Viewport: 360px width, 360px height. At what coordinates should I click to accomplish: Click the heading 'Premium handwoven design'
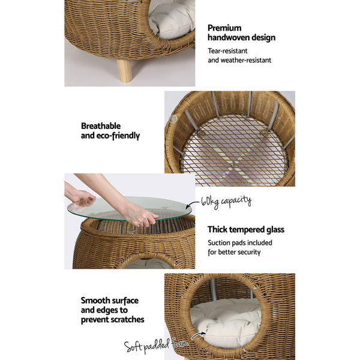click(x=241, y=32)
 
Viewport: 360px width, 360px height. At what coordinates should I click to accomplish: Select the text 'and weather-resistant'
click(x=239, y=60)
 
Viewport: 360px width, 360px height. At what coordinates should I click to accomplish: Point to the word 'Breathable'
click(x=101, y=126)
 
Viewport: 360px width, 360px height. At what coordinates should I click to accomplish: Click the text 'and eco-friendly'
click(x=110, y=136)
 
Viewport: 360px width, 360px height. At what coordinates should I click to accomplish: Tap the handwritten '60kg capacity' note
click(x=226, y=202)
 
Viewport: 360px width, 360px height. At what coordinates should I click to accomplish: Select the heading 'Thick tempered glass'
click(x=245, y=229)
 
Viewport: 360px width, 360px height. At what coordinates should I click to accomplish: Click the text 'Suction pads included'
click(x=239, y=243)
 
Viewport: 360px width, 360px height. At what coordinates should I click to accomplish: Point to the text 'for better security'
click(x=234, y=252)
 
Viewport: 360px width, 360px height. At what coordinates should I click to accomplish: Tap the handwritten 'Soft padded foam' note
click(x=156, y=345)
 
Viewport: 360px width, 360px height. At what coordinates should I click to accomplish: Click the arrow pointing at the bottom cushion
click(x=198, y=335)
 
